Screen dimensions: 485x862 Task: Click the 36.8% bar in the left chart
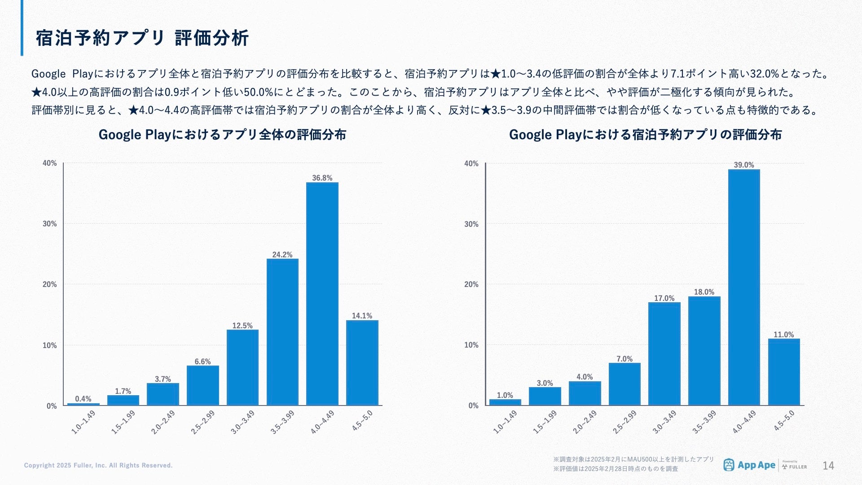click(322, 294)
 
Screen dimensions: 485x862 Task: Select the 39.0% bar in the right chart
click(743, 287)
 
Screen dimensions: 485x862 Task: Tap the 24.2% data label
click(282, 255)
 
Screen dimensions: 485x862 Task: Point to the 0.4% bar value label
click(83, 399)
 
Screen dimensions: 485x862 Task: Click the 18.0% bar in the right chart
click(704, 351)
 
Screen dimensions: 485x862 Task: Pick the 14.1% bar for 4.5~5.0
click(362, 363)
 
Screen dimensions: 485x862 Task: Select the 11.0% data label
click(783, 335)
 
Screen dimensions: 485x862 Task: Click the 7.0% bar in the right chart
click(624, 384)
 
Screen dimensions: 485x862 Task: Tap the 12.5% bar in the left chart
click(242, 367)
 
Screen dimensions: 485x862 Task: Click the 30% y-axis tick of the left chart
click(49, 224)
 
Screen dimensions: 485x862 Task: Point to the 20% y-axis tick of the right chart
click(471, 284)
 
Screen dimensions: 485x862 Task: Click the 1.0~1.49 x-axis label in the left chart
click(84, 422)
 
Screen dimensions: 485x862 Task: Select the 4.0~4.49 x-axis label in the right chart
click(744, 422)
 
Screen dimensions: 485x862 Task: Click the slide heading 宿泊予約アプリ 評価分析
click(142, 38)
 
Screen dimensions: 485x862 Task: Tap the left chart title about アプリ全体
click(222, 135)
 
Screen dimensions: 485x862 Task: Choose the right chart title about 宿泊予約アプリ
click(645, 135)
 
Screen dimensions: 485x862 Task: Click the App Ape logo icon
click(728, 465)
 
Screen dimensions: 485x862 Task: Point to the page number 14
click(828, 466)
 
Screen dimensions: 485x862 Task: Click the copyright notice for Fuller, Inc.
click(98, 465)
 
